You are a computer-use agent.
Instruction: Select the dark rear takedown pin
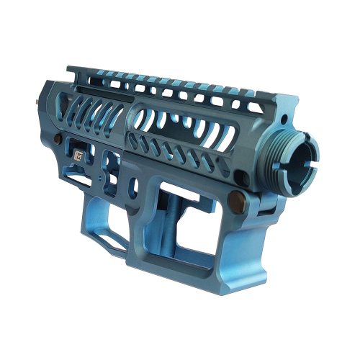76,136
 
